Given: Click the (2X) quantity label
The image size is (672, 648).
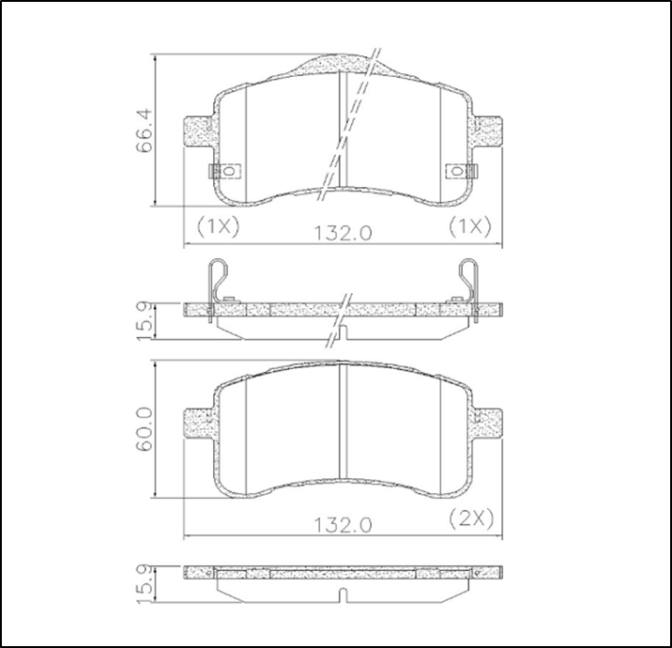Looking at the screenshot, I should [x=470, y=517].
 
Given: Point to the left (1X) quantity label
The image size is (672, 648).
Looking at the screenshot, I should [x=218, y=225].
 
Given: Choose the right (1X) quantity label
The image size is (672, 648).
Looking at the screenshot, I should [x=470, y=225].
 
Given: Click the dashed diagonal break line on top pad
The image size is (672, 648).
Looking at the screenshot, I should [x=352, y=122].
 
